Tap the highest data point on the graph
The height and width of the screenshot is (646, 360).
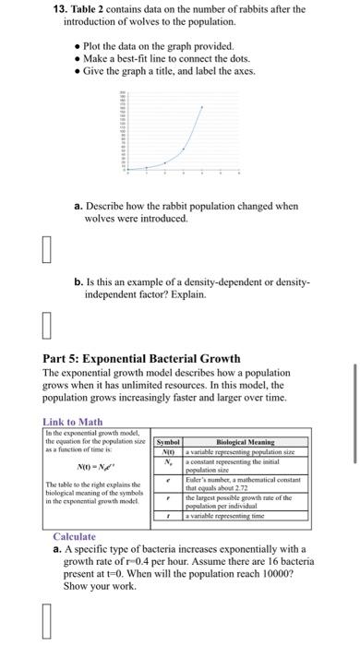(x=202, y=108)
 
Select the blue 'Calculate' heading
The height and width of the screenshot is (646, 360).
(x=75, y=535)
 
